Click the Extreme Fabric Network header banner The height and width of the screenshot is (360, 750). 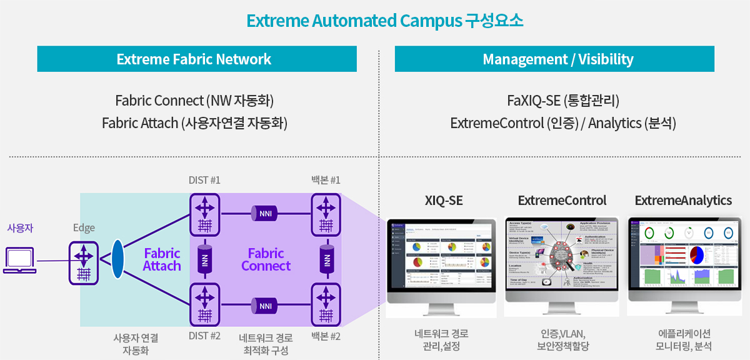pyautogui.click(x=197, y=59)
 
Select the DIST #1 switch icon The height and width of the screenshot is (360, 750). pyautogui.click(x=204, y=214)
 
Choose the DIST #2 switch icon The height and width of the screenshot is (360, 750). pyautogui.click(x=204, y=306)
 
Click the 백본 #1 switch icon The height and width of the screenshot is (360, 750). pyautogui.click(x=326, y=214)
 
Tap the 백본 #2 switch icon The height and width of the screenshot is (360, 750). pyautogui.click(x=326, y=306)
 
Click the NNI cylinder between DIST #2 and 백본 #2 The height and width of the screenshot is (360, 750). pyautogui.click(x=265, y=306)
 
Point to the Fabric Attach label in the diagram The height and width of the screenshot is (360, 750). pyautogui.click(x=162, y=259)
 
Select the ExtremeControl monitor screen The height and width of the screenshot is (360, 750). pyautogui.click(x=561, y=257)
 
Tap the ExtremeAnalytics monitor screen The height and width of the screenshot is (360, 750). pyautogui.click(x=684, y=257)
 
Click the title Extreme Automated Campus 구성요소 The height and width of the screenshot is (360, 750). pyautogui.click(x=385, y=21)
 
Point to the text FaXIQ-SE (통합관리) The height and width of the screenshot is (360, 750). pyautogui.click(x=563, y=101)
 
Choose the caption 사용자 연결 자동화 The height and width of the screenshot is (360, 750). pyautogui.click(x=135, y=344)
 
